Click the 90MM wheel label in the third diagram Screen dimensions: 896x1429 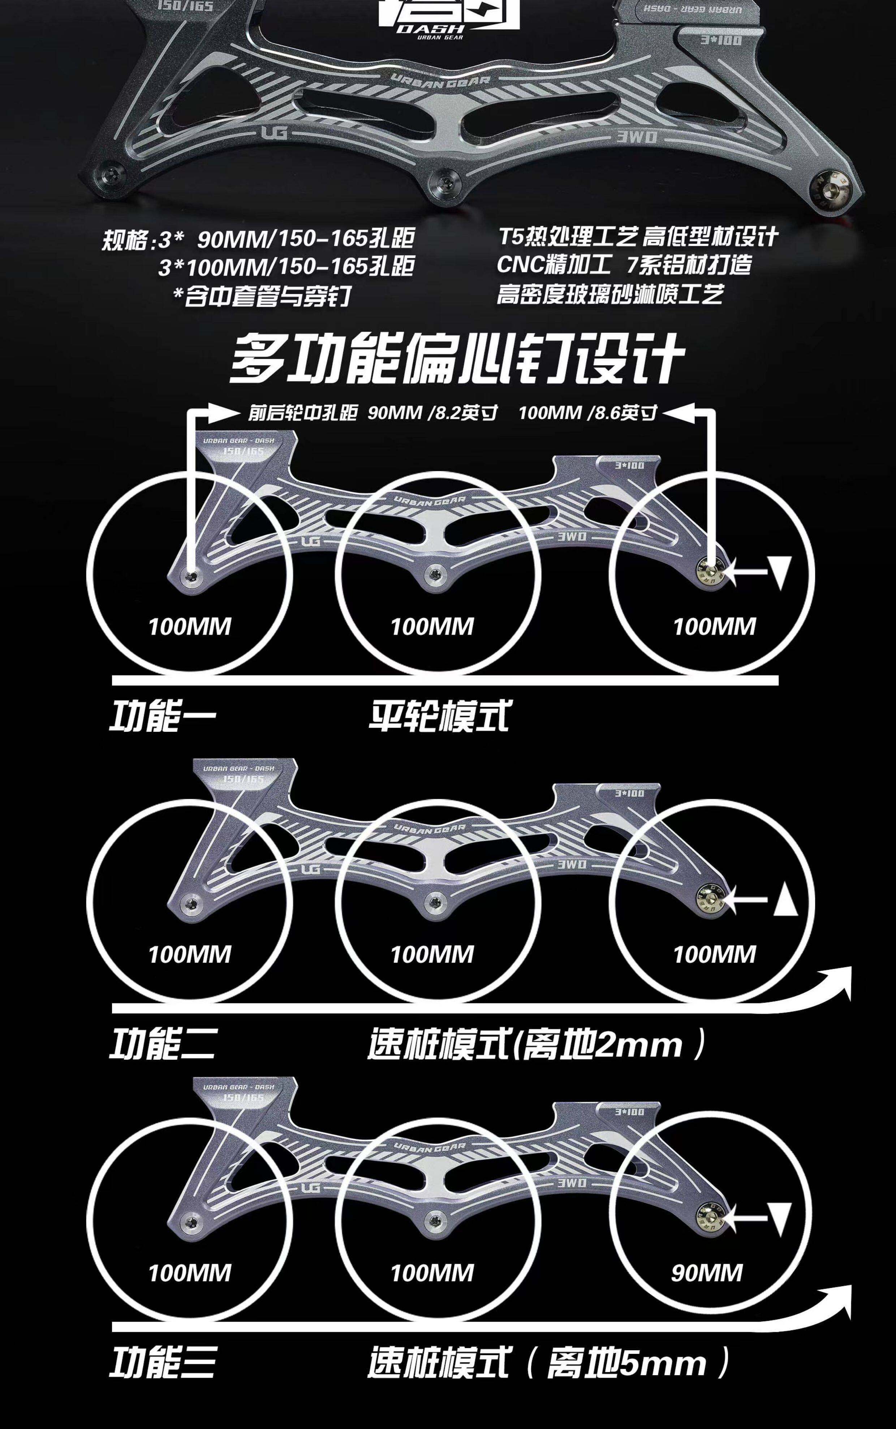point(706,1273)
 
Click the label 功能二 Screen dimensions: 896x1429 point(162,1044)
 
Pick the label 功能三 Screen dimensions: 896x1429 point(162,1362)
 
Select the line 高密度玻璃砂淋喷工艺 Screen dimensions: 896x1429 point(610,294)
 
